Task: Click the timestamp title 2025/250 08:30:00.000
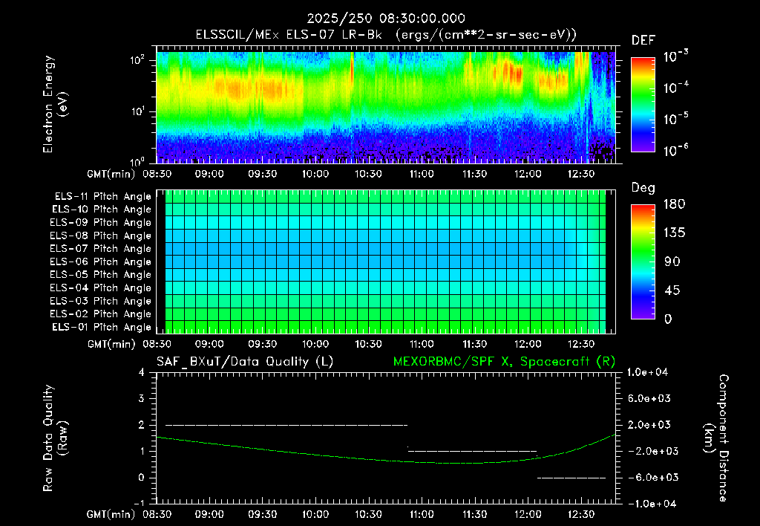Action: point(386,19)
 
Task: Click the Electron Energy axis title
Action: point(54,104)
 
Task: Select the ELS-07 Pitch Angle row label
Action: point(100,249)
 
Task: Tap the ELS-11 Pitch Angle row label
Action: point(102,197)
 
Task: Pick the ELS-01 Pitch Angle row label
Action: point(102,328)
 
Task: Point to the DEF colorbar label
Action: point(643,40)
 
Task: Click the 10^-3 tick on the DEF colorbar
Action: point(675,56)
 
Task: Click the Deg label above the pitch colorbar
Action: point(643,188)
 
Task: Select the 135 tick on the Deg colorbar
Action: point(675,233)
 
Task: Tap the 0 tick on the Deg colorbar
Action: point(668,319)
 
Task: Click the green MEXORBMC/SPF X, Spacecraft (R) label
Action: point(504,362)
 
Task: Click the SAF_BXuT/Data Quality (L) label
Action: point(245,362)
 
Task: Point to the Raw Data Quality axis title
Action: point(54,438)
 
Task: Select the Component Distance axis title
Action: point(716,438)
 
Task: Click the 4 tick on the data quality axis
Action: point(142,373)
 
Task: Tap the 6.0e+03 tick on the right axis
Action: point(649,399)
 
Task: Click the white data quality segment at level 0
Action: point(571,478)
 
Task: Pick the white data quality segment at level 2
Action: point(286,425)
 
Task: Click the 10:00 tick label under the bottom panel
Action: point(315,514)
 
